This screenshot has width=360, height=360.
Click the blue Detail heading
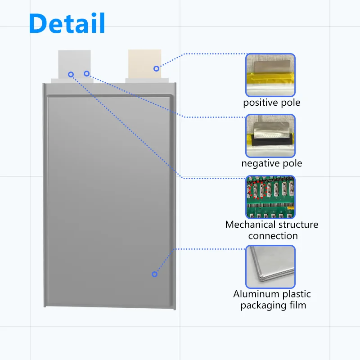click(67, 23)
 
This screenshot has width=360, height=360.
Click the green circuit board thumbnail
click(270, 197)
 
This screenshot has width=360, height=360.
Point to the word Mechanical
click(251, 224)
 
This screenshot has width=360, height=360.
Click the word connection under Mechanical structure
click(273, 236)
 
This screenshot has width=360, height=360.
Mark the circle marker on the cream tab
click(156, 68)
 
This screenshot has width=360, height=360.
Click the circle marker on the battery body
click(154, 274)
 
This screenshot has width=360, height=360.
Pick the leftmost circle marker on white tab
click(71, 74)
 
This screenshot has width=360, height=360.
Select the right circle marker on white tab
click(86, 73)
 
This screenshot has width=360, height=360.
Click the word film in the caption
click(297, 306)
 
